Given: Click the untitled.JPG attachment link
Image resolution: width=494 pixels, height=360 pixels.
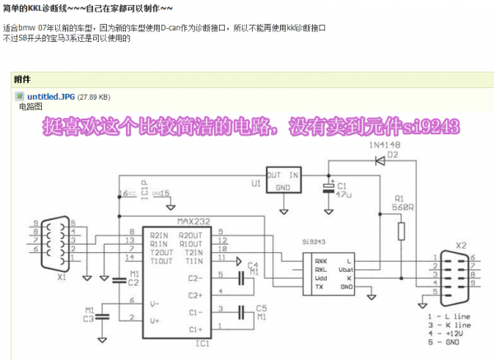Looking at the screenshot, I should [x=50, y=96].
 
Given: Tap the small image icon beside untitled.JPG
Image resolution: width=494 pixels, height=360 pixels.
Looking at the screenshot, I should [x=21, y=96].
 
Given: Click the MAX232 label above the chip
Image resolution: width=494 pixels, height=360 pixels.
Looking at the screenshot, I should [x=193, y=222].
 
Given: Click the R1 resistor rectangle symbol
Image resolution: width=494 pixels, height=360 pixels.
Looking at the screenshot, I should [x=401, y=230].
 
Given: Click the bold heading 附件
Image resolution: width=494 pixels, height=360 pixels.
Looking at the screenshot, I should [x=22, y=80].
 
